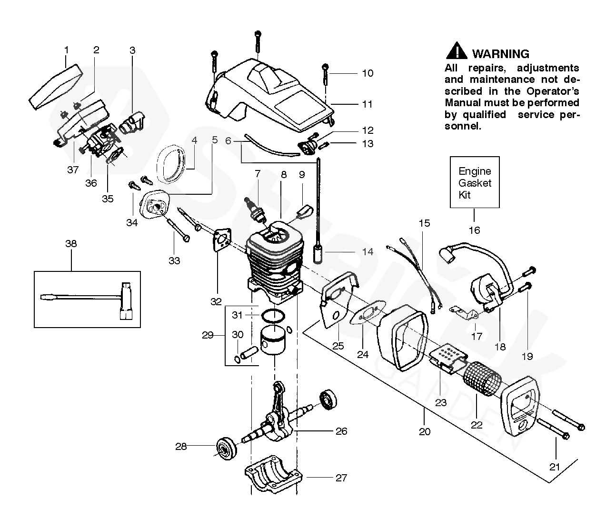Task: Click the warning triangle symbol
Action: [x=457, y=51]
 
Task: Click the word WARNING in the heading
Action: [x=501, y=54]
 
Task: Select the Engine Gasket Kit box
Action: [x=475, y=182]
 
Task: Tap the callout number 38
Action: [x=71, y=244]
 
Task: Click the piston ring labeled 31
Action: [x=273, y=316]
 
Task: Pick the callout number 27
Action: [x=341, y=478]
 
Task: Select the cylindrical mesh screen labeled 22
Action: [x=482, y=379]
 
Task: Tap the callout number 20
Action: [x=425, y=432]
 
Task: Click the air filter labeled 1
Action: [x=56, y=87]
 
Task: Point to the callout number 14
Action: [x=368, y=252]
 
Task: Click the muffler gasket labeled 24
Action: [x=368, y=313]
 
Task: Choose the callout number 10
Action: [x=368, y=73]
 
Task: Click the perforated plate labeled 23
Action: [x=448, y=359]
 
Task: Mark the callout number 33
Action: [x=174, y=261]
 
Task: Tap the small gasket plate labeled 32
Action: [x=222, y=240]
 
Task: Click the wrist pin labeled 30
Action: [x=249, y=353]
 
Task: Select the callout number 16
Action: [x=475, y=230]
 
